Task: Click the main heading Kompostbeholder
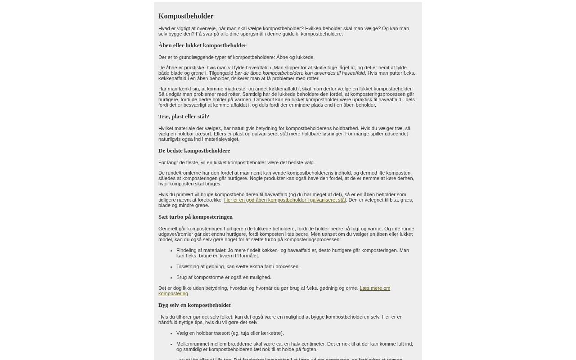186,16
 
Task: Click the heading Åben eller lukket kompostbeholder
202,45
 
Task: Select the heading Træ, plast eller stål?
184,117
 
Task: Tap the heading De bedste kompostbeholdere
194,151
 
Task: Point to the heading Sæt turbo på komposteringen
195,217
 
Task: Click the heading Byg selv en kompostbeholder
195,305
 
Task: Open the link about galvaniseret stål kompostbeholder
284,200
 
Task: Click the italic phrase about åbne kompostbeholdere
300,73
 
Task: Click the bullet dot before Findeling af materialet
171,251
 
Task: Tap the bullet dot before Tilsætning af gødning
171,267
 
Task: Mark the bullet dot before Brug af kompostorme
171,278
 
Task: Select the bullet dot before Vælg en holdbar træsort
171,333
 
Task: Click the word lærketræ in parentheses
271,333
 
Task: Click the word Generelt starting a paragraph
168,229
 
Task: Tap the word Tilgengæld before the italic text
221,73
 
